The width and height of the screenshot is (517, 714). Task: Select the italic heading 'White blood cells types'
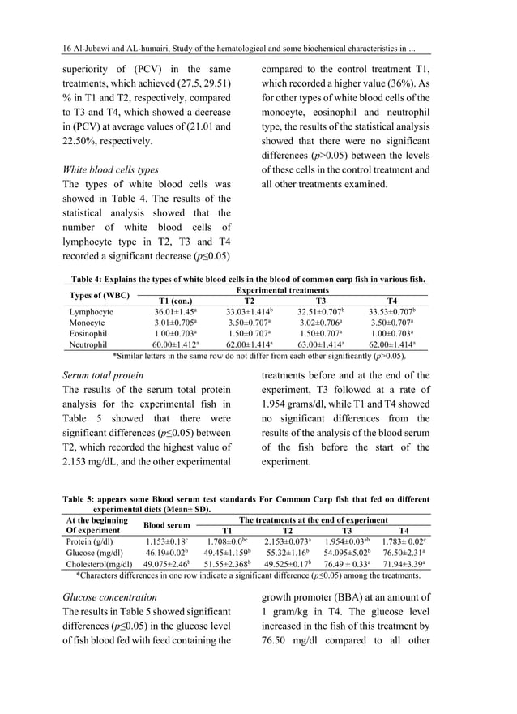point(110,170)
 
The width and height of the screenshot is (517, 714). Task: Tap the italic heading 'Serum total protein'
point(103,375)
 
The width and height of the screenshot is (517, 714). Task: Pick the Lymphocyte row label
point(92,311)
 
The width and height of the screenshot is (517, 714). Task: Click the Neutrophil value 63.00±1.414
point(318,344)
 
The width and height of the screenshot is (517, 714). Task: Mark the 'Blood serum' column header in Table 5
point(168,525)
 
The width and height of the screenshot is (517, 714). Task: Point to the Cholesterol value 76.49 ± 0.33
point(348,564)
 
